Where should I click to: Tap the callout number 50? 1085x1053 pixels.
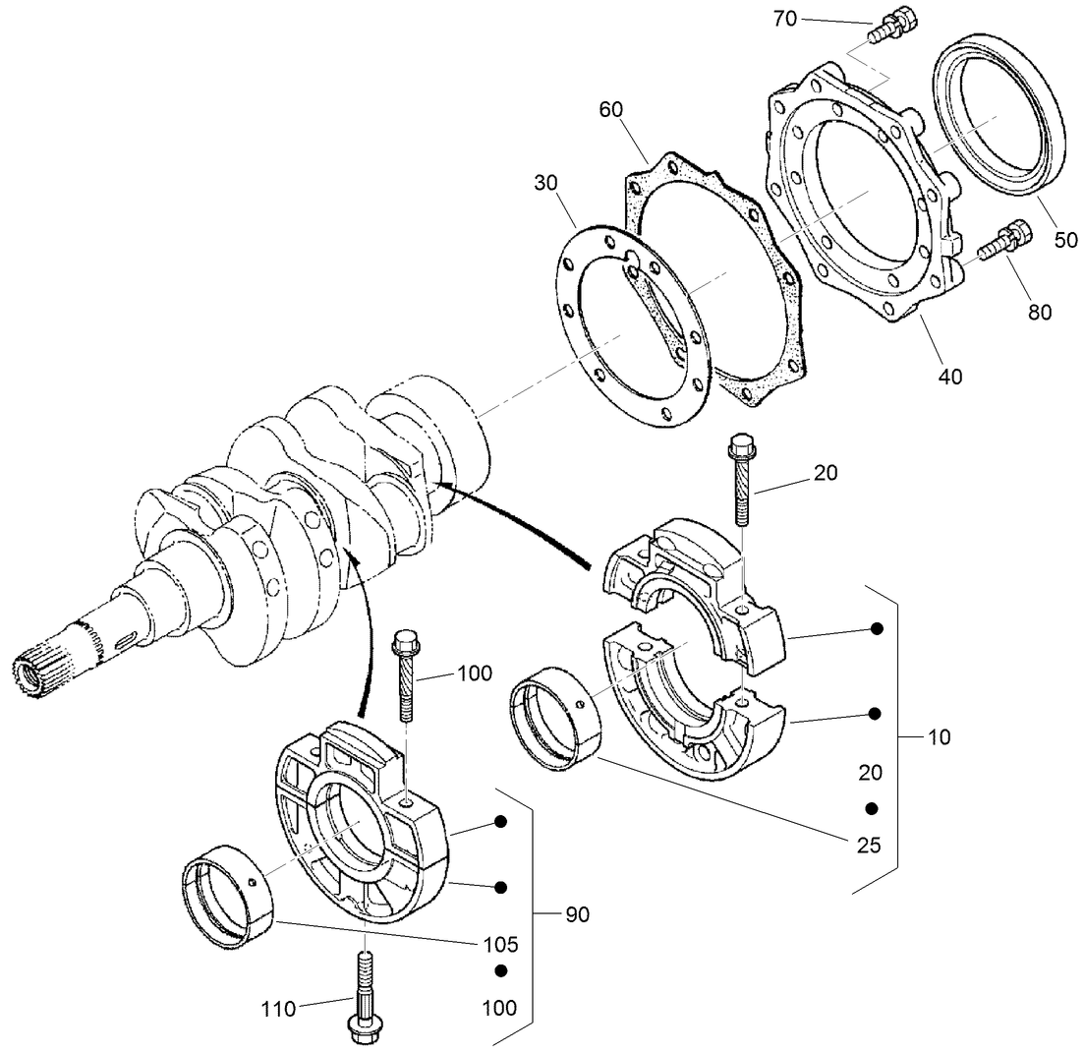[x=1065, y=239]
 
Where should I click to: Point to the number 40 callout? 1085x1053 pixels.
[x=950, y=375]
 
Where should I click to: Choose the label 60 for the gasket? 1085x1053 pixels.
[x=611, y=108]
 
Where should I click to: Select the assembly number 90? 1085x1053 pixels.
[x=577, y=914]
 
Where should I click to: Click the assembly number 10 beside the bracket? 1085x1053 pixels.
[x=940, y=736]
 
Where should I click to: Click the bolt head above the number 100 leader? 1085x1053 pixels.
[x=404, y=644]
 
